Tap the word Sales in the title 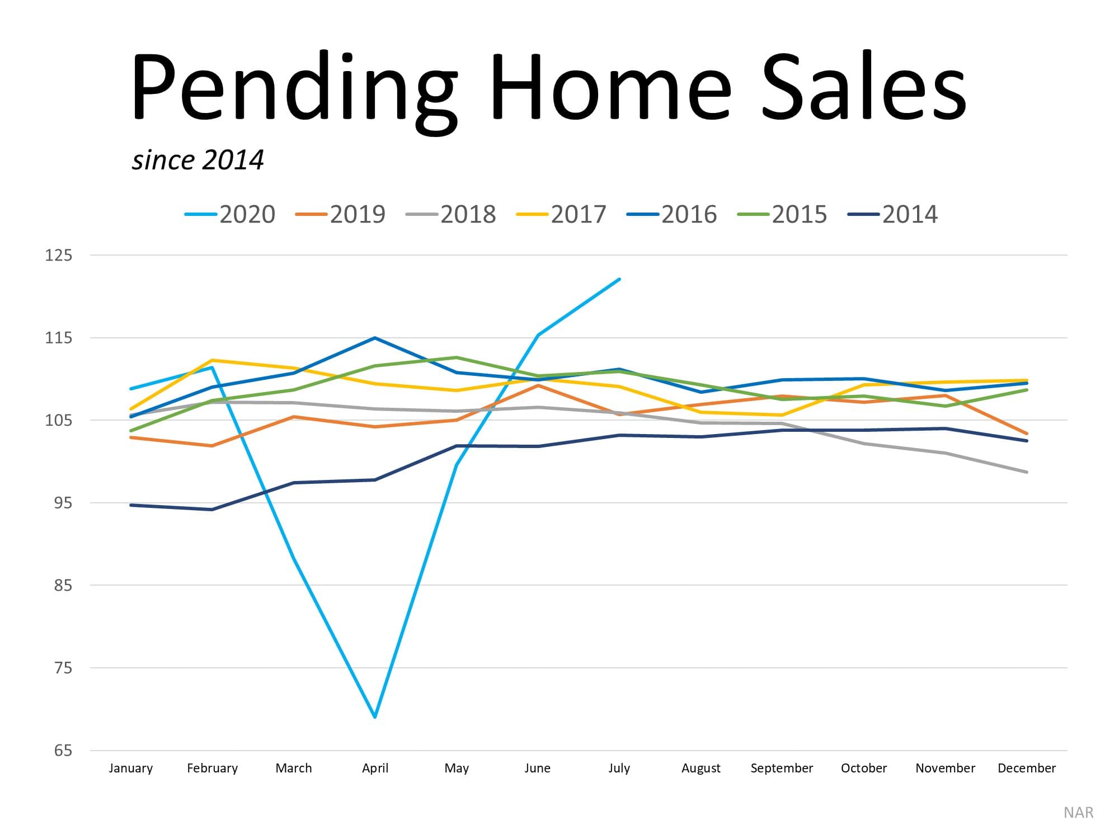864,87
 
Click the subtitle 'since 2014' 198,160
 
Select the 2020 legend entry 230,214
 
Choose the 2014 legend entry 893,214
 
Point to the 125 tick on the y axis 59,255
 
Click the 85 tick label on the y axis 63,586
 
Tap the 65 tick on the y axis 63,751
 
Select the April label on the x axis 375,769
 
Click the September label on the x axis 782,769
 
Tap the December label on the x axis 1027,769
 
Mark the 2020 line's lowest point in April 375,717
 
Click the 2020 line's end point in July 619,279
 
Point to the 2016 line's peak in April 375,338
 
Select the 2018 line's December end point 1027,472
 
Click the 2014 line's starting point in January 130,505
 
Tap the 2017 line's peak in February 212,360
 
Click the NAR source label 1078,813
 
